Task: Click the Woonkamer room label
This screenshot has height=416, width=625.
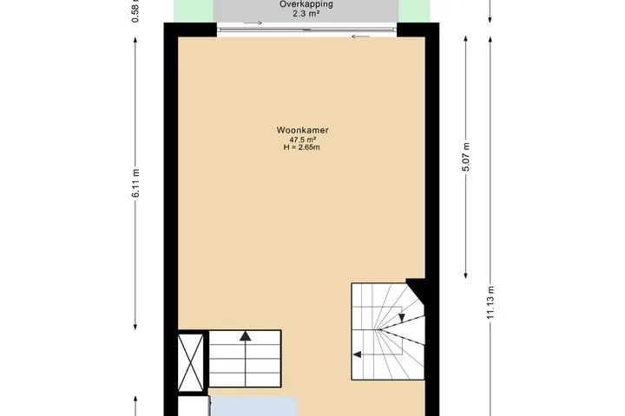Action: coord(303,130)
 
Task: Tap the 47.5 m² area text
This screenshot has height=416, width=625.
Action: coord(303,140)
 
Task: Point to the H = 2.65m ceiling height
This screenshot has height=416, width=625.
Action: coord(302,147)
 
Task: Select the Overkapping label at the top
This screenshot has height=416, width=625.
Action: coord(306,4)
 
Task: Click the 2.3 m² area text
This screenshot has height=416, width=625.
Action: coord(306,14)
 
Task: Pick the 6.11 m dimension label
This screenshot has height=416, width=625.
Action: coord(136,183)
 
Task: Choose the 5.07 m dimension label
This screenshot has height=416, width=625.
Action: coord(466,157)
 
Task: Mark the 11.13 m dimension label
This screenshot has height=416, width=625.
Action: coord(490,302)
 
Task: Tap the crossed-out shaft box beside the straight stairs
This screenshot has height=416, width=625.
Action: coord(190,362)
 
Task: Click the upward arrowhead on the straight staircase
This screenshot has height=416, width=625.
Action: coord(246,336)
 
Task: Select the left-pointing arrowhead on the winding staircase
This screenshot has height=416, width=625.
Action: coord(358,354)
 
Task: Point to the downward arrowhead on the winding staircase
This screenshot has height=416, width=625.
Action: coord(402,317)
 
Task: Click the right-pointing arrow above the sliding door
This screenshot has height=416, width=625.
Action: coord(253,23)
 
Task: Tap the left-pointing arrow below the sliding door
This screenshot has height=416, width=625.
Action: coord(361,36)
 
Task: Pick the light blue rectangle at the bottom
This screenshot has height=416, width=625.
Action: coord(253,406)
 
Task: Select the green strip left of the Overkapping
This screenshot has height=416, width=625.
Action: coord(194,10)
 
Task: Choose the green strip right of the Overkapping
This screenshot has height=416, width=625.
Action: coord(415,10)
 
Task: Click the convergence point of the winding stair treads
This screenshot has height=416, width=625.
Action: coord(379,329)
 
